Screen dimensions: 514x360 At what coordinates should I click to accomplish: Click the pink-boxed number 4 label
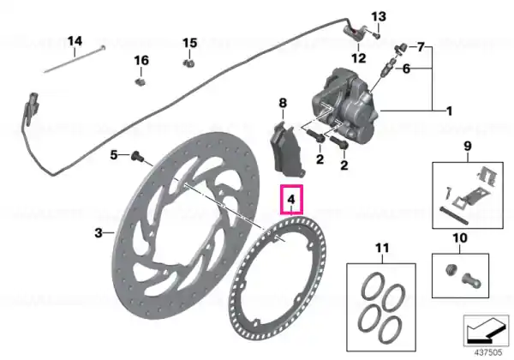[291, 199]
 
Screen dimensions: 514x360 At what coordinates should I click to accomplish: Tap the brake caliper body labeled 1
[346, 105]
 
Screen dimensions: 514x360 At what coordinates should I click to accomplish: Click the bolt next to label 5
[137, 156]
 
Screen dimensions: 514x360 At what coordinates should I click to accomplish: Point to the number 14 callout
[75, 41]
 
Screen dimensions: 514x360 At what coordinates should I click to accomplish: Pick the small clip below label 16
[140, 81]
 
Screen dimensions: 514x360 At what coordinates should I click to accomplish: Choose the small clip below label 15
[188, 63]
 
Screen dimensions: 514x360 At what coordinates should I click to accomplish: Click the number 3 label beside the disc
[99, 233]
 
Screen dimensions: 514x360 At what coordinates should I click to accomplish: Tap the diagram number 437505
[488, 352]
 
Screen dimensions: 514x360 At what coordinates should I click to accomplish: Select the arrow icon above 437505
[486, 330]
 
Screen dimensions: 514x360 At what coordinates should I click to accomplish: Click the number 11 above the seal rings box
[382, 248]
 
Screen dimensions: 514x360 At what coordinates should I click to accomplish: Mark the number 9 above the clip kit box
[468, 146]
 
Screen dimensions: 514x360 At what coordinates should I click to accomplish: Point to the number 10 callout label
[460, 237]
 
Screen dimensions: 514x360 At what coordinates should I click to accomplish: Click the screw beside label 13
[376, 34]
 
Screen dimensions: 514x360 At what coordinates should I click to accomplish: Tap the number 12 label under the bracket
[358, 58]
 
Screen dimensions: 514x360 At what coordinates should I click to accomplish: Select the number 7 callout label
[421, 47]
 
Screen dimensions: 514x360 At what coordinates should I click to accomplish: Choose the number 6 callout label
[406, 69]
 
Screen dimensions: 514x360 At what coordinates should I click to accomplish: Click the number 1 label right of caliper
[450, 111]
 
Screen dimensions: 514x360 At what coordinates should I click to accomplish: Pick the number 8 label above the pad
[283, 103]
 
